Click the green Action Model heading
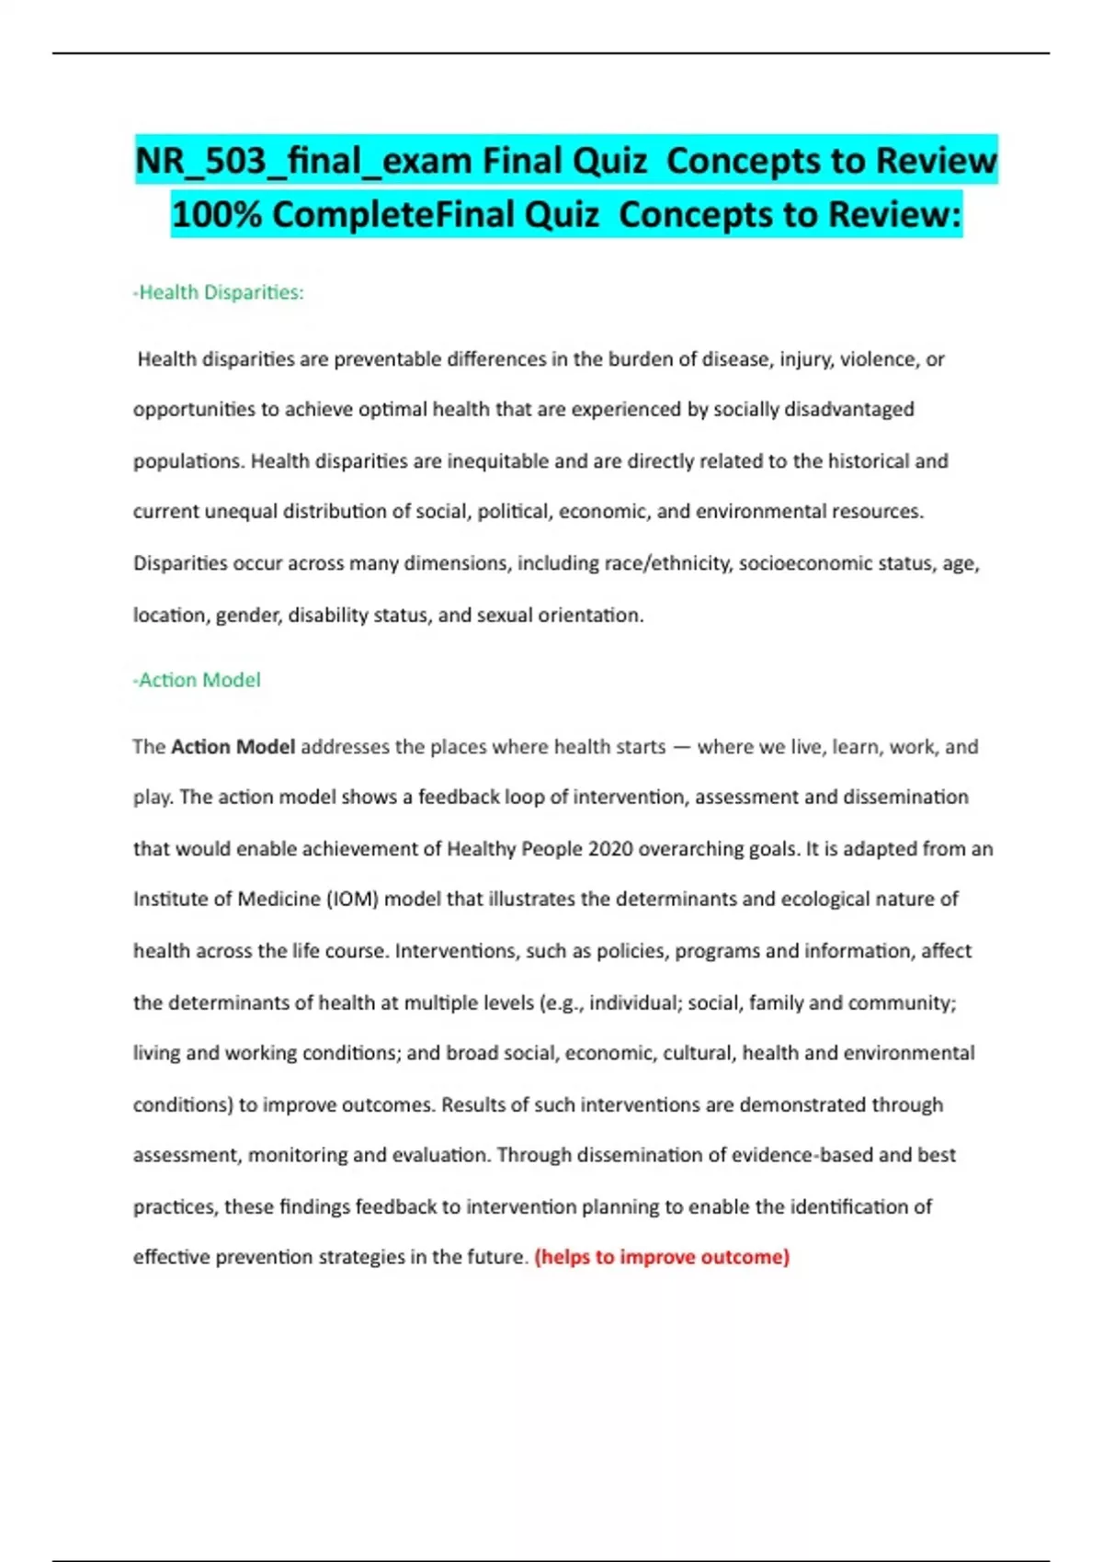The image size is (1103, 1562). pos(198,680)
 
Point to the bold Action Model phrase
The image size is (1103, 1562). pos(233,747)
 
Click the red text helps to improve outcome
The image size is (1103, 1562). pos(662,1257)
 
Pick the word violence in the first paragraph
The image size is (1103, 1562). pos(878,359)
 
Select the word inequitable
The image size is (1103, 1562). pos(497,461)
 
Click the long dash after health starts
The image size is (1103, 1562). pos(681,747)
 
